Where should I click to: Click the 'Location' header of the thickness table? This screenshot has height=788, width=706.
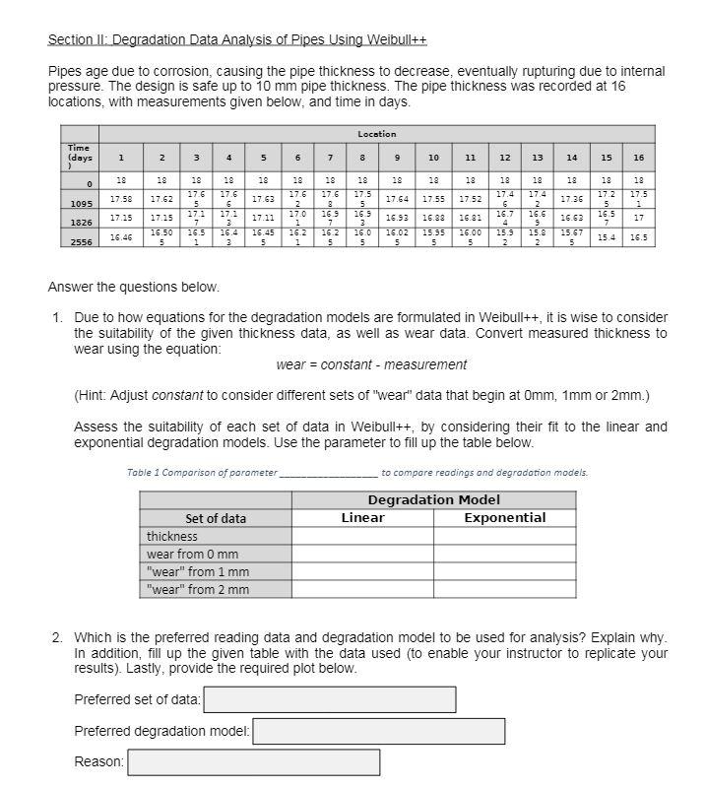(376, 134)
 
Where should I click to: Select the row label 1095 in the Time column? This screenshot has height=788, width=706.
(80, 203)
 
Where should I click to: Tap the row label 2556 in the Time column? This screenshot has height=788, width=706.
(80, 240)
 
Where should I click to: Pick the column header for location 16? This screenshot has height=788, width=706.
(638, 158)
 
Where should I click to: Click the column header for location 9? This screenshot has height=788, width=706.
(397, 158)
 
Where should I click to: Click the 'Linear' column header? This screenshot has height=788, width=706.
(362, 518)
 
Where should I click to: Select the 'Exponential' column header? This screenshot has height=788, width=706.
(504, 518)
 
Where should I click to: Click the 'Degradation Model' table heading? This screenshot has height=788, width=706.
(433, 500)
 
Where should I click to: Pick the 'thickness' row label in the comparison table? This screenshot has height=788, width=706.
(172, 537)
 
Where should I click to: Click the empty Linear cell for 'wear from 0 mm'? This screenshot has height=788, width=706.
(362, 555)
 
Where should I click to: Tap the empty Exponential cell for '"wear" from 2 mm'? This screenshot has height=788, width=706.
(504, 590)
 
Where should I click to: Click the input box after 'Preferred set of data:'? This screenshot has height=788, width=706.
(329, 699)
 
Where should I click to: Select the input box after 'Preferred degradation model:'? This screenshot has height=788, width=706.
(379, 731)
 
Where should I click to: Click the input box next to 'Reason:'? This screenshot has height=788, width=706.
(253, 762)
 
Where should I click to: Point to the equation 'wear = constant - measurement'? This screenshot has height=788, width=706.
(371, 364)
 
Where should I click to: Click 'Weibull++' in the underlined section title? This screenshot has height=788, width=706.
(396, 39)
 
